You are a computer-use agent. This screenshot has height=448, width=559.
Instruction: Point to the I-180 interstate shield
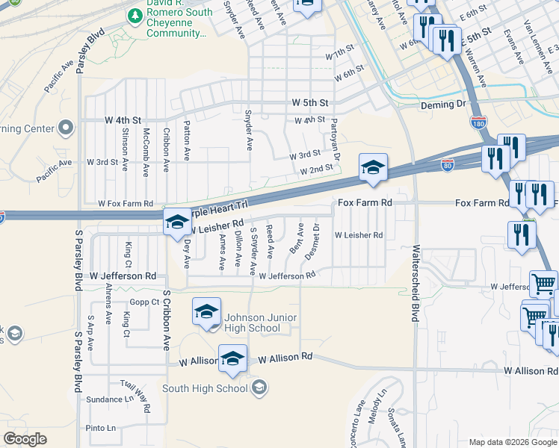coord(478,122)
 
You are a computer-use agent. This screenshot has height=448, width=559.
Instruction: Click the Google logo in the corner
coord(25,439)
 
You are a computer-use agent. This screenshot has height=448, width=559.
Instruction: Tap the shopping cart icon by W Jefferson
coord(543,284)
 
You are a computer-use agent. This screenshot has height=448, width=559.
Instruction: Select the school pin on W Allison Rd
coord(232,358)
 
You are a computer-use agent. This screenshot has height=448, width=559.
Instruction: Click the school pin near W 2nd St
coord(373,167)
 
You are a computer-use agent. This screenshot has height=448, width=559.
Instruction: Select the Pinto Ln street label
coord(100,428)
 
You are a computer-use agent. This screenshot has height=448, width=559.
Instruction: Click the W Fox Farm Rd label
coord(126,203)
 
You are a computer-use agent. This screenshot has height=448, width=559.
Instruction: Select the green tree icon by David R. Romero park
coord(135,16)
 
